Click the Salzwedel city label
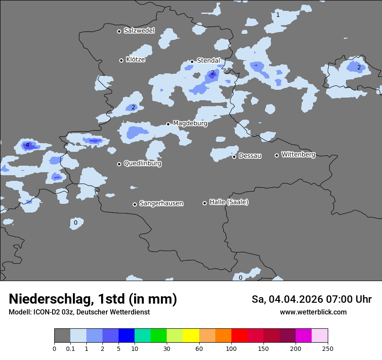[139, 31]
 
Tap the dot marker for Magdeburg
[168, 124]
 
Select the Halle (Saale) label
[229, 202]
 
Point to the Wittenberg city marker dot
[277, 155]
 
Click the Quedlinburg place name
[142, 164]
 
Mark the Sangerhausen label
[161, 203]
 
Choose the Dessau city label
[250, 156]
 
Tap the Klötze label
[135, 60]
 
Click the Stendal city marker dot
[192, 62]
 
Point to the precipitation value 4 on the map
[27, 145]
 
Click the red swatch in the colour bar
[239, 336]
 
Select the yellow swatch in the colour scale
[191, 336]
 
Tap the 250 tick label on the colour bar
[328, 348]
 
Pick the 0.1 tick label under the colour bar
[70, 348]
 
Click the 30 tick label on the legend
[167, 348]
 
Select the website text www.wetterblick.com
[313, 312]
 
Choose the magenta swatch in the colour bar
[303, 336]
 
